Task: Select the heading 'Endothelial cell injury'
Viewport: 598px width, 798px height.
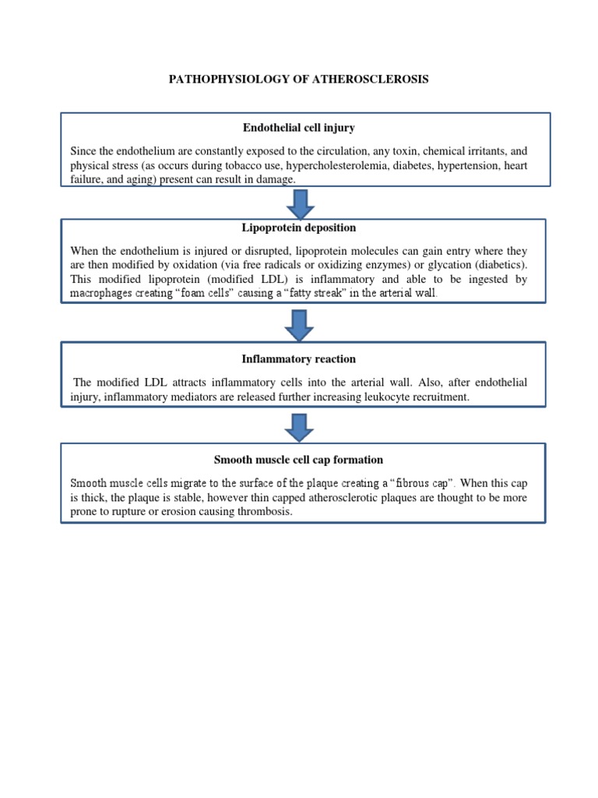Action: click(298, 128)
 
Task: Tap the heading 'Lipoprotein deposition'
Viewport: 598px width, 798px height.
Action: click(299, 228)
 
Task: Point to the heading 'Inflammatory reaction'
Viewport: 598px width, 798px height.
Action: click(299, 358)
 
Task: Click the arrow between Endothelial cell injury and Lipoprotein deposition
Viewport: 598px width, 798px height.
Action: click(301, 202)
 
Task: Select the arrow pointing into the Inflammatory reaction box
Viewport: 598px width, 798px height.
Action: click(301, 324)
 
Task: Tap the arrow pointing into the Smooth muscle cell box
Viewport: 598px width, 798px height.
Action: click(301, 426)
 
